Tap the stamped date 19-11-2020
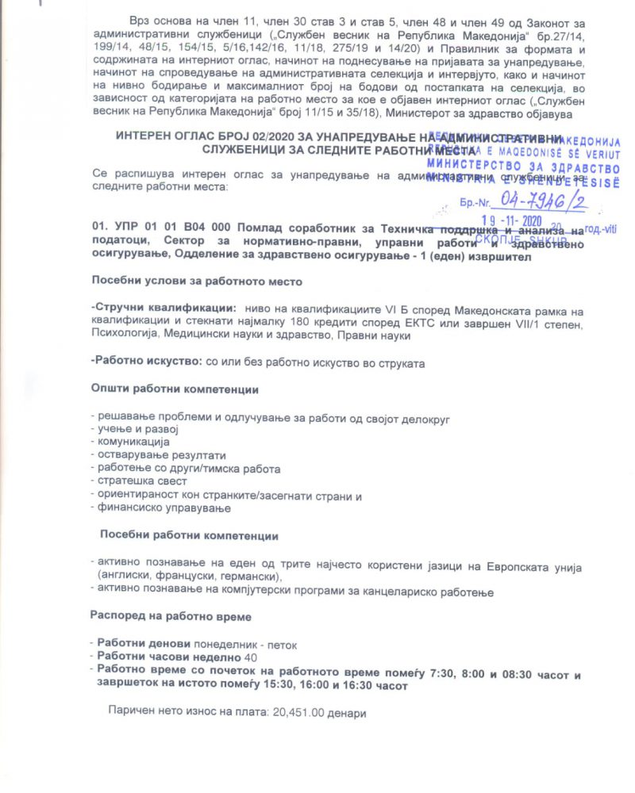click(x=521, y=221)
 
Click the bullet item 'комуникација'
click(x=128, y=441)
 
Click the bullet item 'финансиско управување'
click(x=164, y=508)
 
